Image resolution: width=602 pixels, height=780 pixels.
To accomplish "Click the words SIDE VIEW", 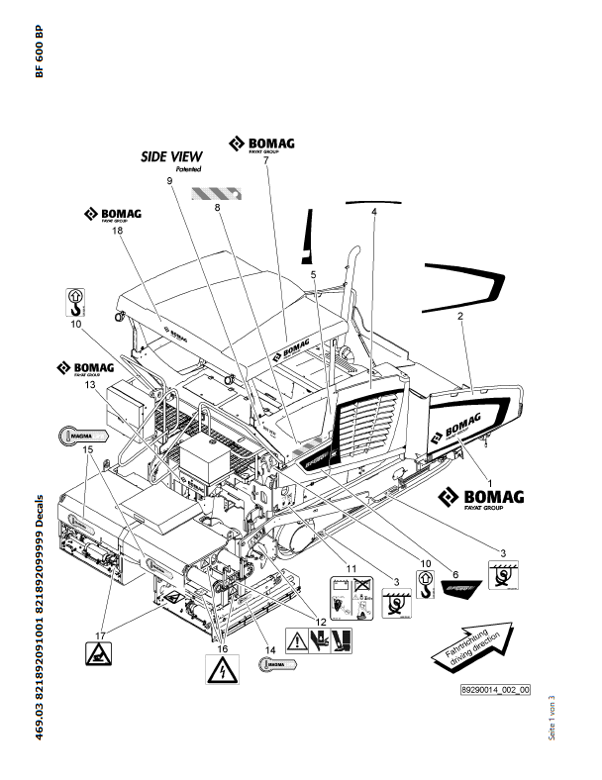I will (x=171, y=156).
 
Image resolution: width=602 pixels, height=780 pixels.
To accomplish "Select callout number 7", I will (x=265, y=160).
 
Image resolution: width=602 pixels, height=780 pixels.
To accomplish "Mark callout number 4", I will (x=374, y=212).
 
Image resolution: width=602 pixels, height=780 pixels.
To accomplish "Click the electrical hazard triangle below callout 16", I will (x=222, y=671).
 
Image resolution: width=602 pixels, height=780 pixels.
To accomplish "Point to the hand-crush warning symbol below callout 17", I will (x=98, y=652).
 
